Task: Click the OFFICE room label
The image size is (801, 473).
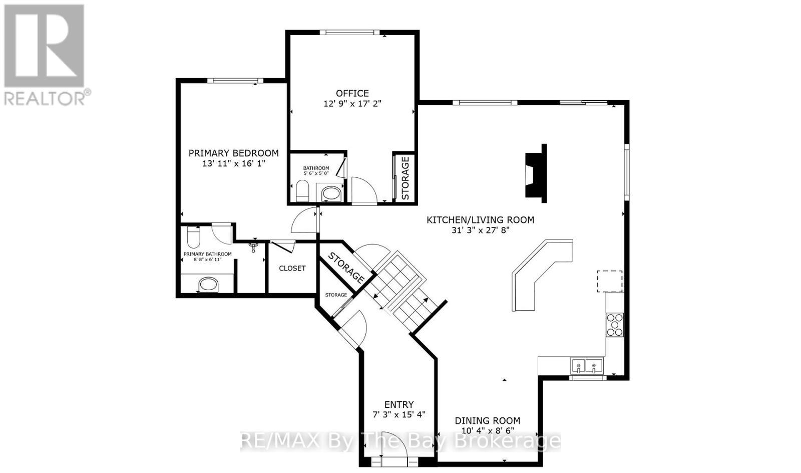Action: [352, 93]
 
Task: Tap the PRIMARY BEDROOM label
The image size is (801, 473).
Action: [233, 153]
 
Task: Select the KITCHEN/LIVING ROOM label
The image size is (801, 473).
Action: [480, 219]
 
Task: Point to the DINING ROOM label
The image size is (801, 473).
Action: [487, 421]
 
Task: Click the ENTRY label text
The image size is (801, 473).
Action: [399, 404]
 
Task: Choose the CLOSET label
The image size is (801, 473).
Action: [292, 268]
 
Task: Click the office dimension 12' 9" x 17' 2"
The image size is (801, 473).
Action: [353, 104]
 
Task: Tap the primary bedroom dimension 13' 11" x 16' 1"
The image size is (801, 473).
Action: [233, 163]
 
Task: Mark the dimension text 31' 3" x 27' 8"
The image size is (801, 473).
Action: [480, 230]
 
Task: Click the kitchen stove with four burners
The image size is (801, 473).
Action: [614, 324]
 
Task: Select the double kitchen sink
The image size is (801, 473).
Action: [586, 366]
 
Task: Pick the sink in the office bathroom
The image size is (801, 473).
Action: [329, 193]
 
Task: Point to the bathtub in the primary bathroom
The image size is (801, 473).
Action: [208, 285]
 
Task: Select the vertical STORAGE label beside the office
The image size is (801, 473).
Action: [406, 178]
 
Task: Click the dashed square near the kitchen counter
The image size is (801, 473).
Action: [609, 281]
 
